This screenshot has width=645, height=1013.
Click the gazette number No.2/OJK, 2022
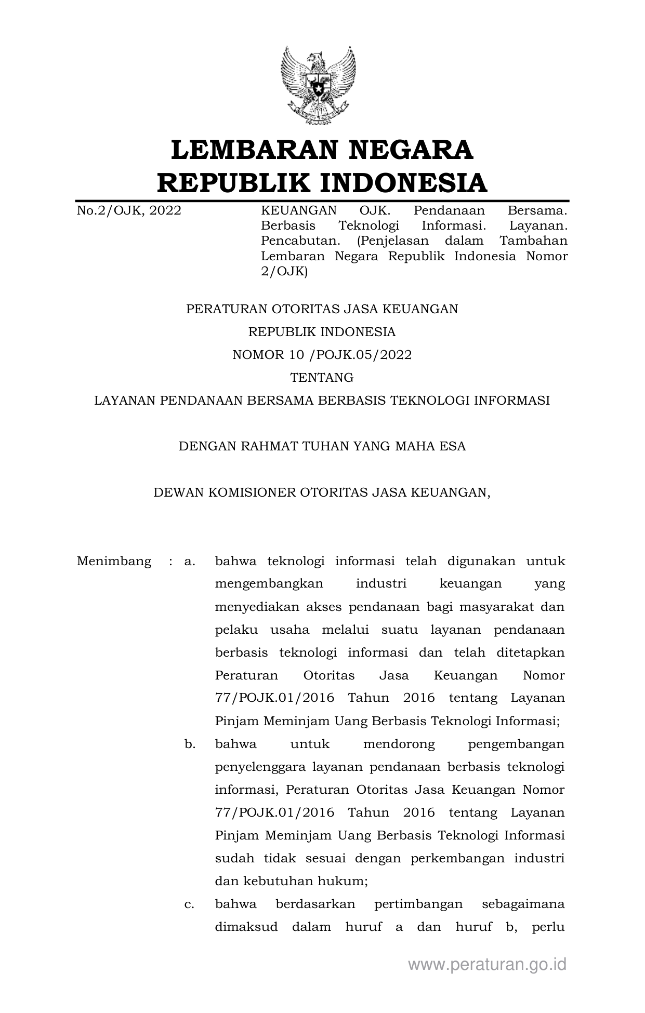pyautogui.click(x=129, y=211)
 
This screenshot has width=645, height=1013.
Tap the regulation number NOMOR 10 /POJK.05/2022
pyautogui.click(x=322, y=355)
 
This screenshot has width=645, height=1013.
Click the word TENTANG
pyautogui.click(x=322, y=378)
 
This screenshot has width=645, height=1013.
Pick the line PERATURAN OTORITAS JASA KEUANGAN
pyautogui.click(x=322, y=309)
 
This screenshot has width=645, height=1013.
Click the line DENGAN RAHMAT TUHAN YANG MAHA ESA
pyautogui.click(x=322, y=446)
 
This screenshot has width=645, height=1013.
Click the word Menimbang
pyautogui.click(x=114, y=561)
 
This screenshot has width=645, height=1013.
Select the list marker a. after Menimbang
pyautogui.click(x=189, y=561)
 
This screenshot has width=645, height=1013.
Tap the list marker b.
pyautogui.click(x=190, y=744)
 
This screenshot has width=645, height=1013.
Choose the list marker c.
pyautogui.click(x=189, y=904)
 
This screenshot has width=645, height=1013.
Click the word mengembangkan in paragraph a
pyautogui.click(x=269, y=584)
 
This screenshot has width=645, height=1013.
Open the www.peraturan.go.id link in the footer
pyautogui.click(x=487, y=965)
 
